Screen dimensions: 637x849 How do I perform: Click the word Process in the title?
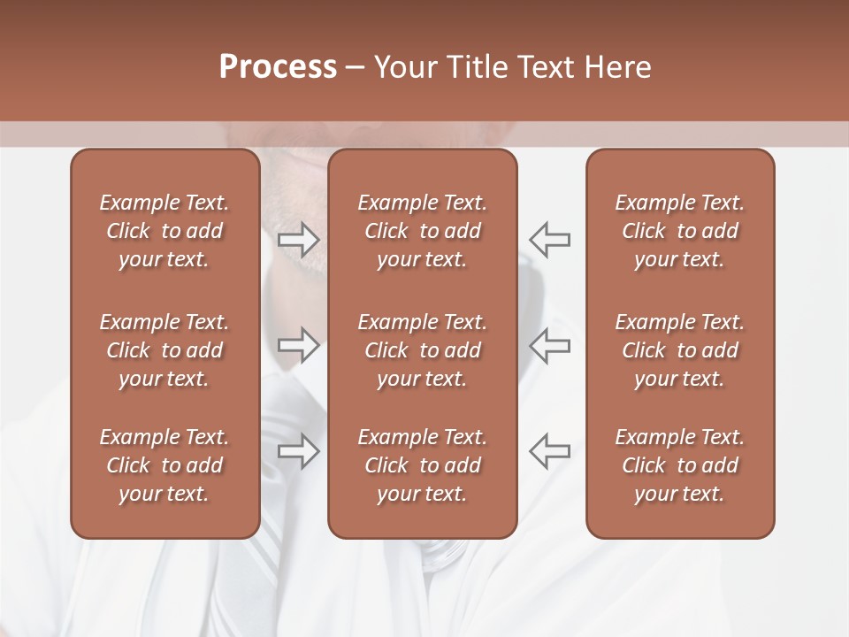pyautogui.click(x=278, y=67)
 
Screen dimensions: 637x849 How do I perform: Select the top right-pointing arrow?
pyautogui.click(x=298, y=239)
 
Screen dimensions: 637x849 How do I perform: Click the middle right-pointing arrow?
pyautogui.click(x=298, y=345)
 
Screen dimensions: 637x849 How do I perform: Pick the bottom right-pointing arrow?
pyautogui.click(x=298, y=451)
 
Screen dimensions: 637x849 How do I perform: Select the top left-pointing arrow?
pyautogui.click(x=550, y=239)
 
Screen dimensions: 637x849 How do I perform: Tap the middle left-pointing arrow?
pyautogui.click(x=550, y=345)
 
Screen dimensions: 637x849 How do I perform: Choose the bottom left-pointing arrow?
pyautogui.click(x=550, y=451)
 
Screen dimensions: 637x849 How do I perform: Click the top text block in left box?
pyautogui.click(x=164, y=231)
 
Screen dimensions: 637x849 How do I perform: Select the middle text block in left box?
pyautogui.click(x=164, y=350)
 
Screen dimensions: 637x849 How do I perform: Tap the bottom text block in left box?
pyautogui.click(x=164, y=465)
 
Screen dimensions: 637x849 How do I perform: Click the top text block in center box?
pyautogui.click(x=423, y=231)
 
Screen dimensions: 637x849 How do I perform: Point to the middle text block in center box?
pyautogui.click(x=423, y=350)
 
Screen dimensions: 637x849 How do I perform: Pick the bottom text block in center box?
pyautogui.click(x=423, y=465)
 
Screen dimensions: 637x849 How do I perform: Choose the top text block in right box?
pyautogui.click(x=680, y=231)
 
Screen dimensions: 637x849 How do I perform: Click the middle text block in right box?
pyautogui.click(x=680, y=350)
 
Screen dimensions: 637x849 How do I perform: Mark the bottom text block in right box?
pyautogui.click(x=680, y=465)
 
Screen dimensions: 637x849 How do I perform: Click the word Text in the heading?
pyautogui.click(x=544, y=67)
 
